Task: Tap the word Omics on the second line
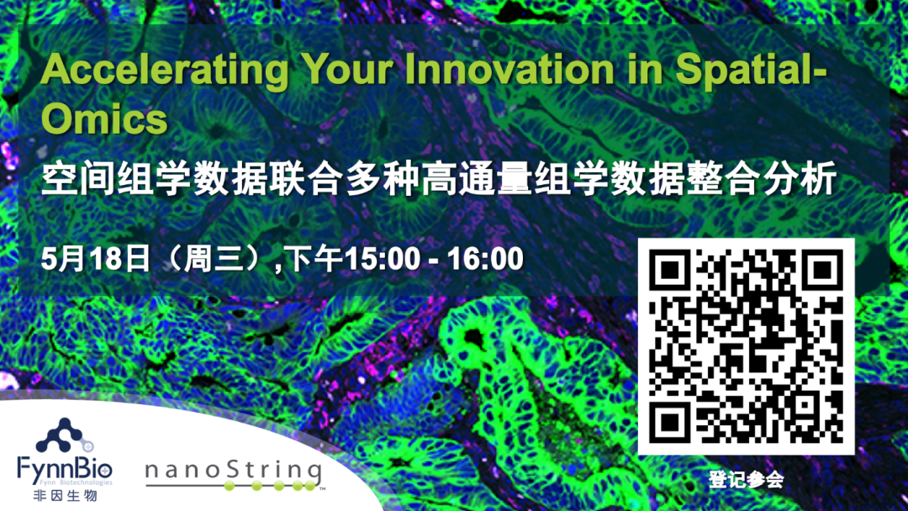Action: coord(104,119)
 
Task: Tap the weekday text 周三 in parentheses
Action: coord(211,259)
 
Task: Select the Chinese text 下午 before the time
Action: coord(315,259)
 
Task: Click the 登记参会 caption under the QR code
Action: coord(746,480)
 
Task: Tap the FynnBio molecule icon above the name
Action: coord(65,436)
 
